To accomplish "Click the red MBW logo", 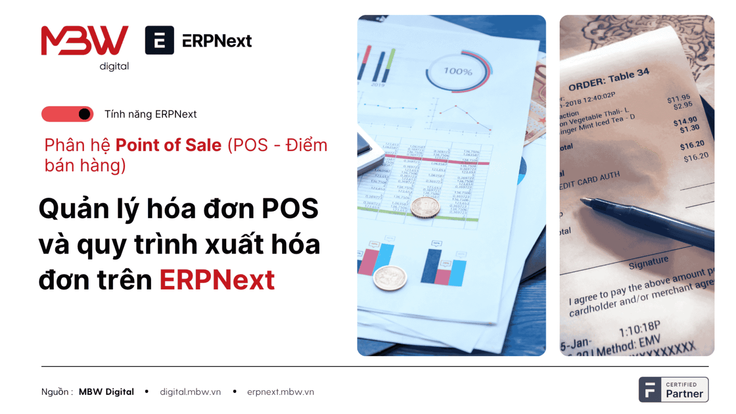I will [x=85, y=40].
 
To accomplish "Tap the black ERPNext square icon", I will [x=160, y=40].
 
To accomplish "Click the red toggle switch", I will [x=68, y=114].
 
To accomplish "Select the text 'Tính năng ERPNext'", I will [x=150, y=114].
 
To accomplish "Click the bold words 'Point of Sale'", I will [x=169, y=145].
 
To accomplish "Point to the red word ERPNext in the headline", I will [x=217, y=280].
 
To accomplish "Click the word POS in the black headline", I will [x=290, y=209].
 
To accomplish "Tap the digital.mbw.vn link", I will [x=190, y=392].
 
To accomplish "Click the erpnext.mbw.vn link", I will [x=280, y=392].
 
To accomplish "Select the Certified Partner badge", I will [x=673, y=390].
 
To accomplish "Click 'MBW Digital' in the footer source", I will [x=106, y=392].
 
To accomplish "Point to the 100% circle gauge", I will [x=458, y=71].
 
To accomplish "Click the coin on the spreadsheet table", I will [x=425, y=208].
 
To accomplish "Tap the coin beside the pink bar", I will [x=390, y=278].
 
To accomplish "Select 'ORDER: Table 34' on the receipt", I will [x=609, y=80].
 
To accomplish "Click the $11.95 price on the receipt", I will [x=678, y=99].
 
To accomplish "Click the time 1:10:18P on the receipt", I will [x=640, y=329].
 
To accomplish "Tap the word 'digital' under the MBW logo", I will [x=114, y=66].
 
